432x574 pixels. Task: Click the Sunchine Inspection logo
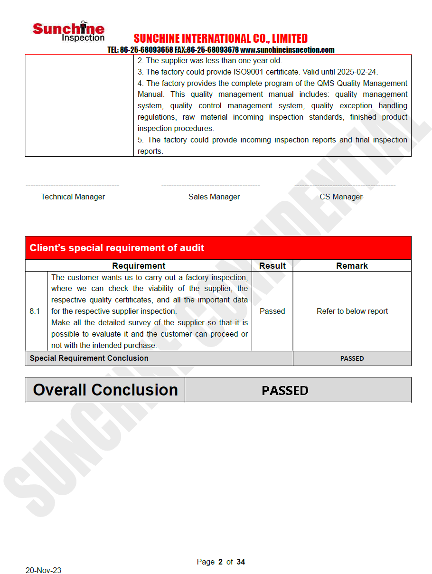[68, 31]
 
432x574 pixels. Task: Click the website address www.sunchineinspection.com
[287, 50]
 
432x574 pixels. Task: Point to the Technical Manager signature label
[73, 197]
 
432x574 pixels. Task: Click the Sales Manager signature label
[214, 197]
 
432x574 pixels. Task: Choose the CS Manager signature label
[341, 197]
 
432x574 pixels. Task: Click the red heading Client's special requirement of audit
[117, 248]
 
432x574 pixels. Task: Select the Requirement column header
[139, 266]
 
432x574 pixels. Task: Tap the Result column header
[272, 266]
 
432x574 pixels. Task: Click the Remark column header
[352, 266]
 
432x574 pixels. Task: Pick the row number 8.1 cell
[35, 311]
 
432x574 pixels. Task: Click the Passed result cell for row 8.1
[272, 311]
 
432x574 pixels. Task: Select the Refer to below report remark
[352, 311]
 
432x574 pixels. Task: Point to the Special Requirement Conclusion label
[89, 358]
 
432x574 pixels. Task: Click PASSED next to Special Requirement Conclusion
[352, 358]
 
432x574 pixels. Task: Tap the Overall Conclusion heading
[105, 390]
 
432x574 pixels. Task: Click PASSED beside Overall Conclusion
[285, 390]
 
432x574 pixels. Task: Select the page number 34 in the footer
[241, 562]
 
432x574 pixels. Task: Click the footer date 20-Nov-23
[43, 570]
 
